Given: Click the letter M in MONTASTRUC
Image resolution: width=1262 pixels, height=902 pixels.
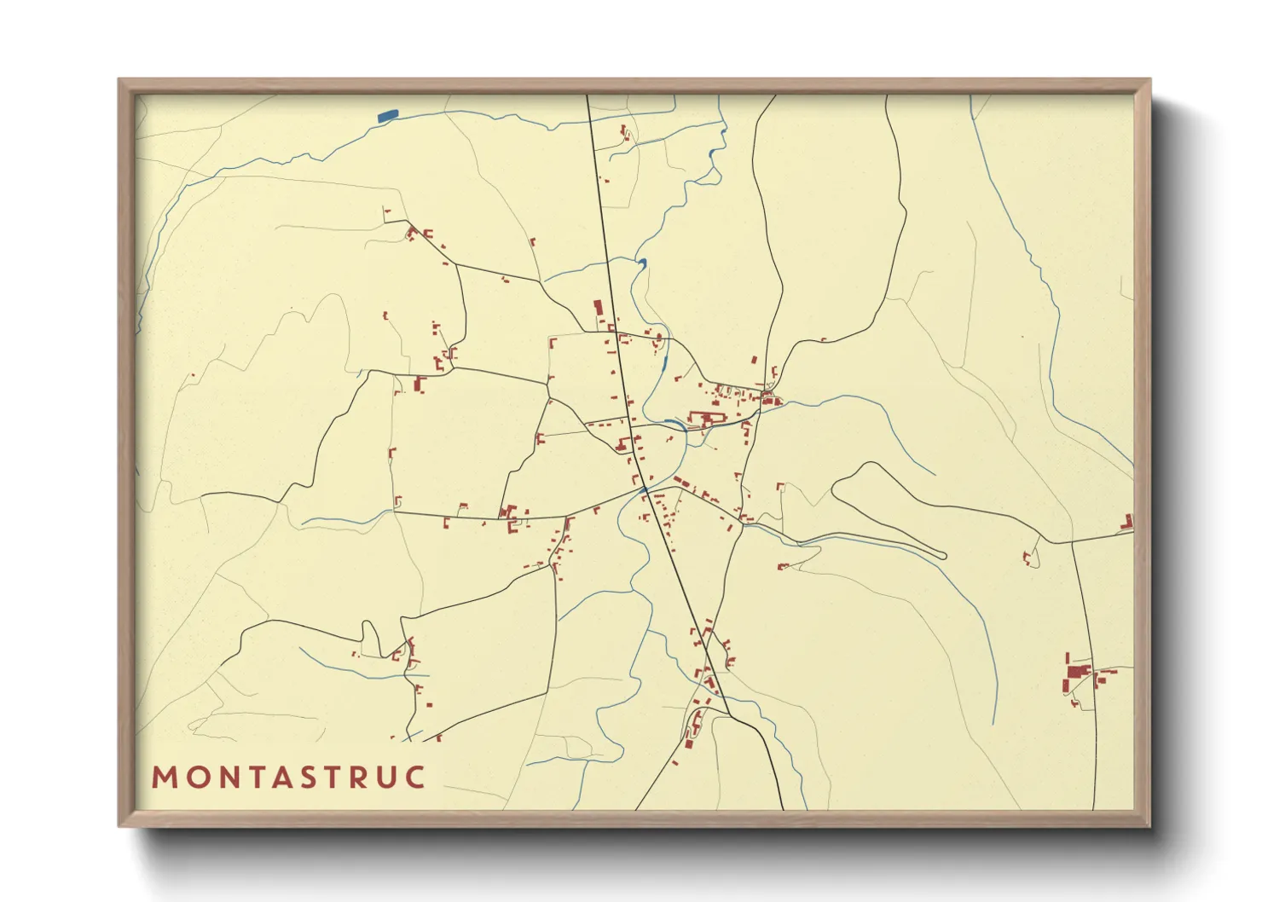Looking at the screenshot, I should tap(165, 778).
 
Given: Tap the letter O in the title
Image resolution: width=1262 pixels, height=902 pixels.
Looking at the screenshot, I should tap(197, 778).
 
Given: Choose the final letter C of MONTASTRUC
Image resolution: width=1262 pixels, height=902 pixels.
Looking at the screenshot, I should tap(416, 778).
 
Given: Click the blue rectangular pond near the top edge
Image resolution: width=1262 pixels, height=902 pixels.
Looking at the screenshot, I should tap(386, 115).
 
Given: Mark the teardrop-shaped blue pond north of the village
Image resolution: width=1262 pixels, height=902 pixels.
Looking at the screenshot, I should tap(642, 263).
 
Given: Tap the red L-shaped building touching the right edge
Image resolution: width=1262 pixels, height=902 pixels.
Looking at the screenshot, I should tap(1128, 521).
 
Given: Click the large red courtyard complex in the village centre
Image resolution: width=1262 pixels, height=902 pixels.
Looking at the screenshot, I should tap(708, 419).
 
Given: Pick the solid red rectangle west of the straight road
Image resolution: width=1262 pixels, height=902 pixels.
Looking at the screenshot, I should tap(598, 308).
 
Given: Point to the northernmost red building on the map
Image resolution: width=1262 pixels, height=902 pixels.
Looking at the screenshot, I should tap(623, 130).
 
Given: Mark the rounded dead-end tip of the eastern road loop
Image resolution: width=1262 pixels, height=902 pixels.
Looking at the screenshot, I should tap(942, 556).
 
